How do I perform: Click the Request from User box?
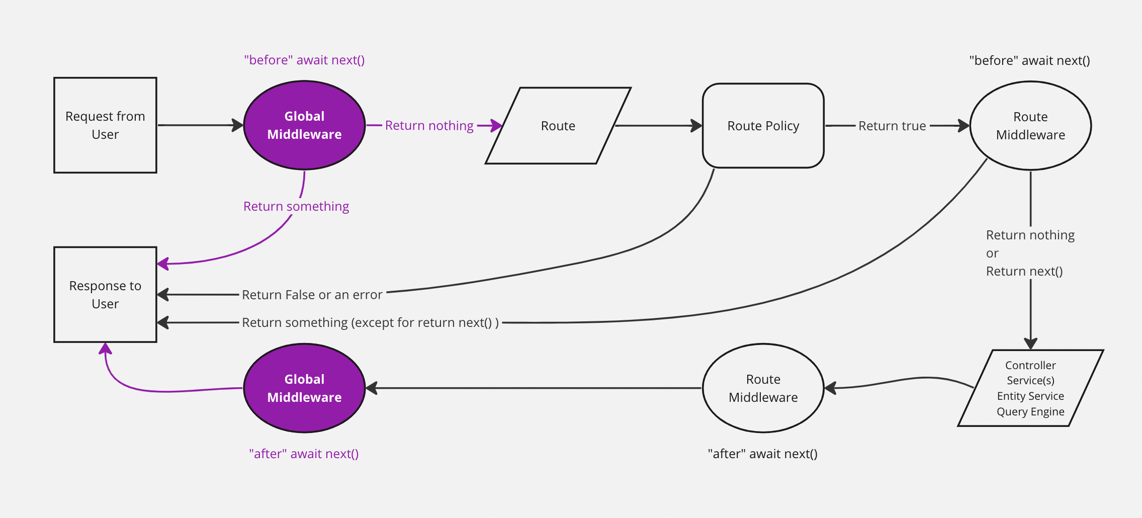(x=105, y=125)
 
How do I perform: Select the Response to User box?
(x=105, y=295)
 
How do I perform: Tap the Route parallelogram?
(x=558, y=126)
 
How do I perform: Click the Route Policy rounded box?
(x=763, y=126)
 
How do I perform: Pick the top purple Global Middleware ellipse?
(x=304, y=125)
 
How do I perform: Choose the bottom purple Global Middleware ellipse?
(x=304, y=388)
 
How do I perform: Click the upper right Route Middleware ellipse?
(x=1030, y=126)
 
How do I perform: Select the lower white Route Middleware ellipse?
(x=763, y=388)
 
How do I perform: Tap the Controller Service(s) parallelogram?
(x=1030, y=388)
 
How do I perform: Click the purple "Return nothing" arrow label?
(x=429, y=126)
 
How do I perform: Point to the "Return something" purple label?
(x=296, y=206)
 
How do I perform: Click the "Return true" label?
(x=892, y=126)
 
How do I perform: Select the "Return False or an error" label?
(x=312, y=295)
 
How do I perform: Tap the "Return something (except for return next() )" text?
(x=370, y=322)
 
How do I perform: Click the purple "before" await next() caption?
(x=304, y=60)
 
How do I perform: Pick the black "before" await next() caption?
(x=1029, y=61)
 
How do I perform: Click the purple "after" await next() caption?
(x=304, y=454)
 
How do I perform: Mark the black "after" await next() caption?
(x=762, y=454)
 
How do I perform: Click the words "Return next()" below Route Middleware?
(x=1024, y=272)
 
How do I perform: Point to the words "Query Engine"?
(x=1030, y=412)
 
